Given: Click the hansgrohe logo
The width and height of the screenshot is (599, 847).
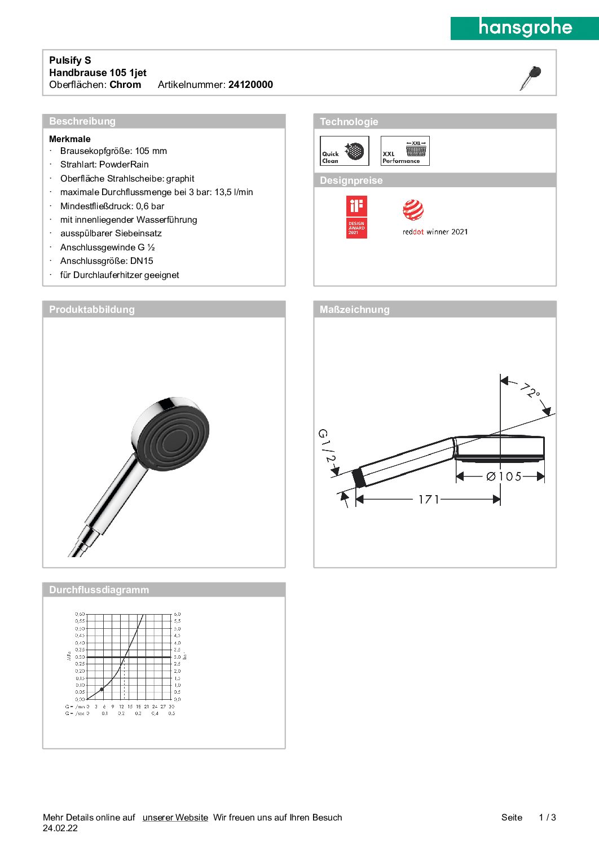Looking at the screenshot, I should tap(525, 28).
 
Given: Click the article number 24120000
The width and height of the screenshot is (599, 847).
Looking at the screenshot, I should tap(250, 85).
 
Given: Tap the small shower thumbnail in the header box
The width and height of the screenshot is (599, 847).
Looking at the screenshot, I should tap(530, 78).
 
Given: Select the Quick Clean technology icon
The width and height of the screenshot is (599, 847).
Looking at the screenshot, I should tap(344, 151).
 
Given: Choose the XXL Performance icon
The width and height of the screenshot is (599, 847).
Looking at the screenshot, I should tap(405, 151).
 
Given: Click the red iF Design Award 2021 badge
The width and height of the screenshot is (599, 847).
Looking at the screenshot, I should tap(356, 217).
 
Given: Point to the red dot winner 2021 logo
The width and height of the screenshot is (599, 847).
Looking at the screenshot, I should tap(435, 217).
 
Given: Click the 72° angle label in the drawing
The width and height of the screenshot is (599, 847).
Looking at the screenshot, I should tap(530, 390).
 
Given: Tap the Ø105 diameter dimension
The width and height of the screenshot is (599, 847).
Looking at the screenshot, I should tap(504, 477).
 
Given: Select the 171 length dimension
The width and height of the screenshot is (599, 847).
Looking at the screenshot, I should tap(429, 499).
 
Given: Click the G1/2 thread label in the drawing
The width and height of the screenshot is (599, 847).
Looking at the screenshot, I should tap(327, 445).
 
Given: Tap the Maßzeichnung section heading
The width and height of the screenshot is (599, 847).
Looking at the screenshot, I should tap(354, 310).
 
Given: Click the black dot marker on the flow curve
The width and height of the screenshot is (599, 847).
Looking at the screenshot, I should tap(102, 689).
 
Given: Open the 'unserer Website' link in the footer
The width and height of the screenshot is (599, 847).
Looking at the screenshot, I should tap(175, 817).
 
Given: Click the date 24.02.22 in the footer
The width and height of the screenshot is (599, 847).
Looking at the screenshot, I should tap(60, 828).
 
